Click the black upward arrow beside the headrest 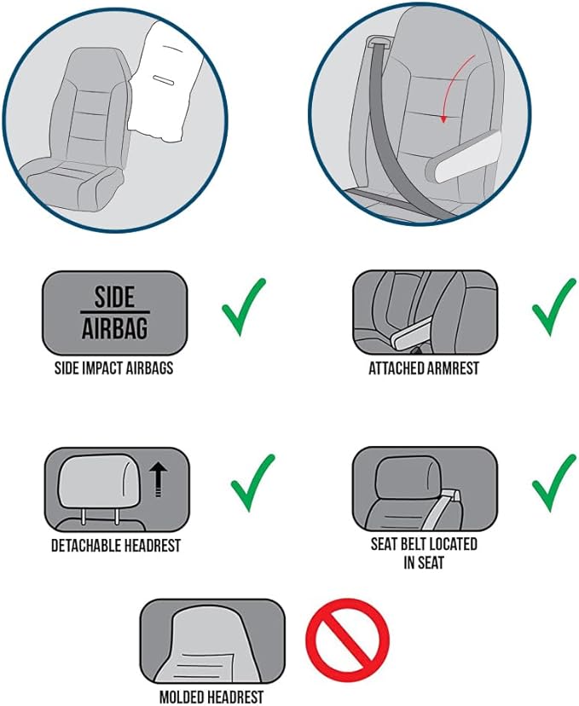(159, 480)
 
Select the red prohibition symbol (348, 639)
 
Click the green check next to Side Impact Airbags (244, 307)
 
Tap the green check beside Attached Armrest (553, 307)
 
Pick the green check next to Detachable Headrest (252, 483)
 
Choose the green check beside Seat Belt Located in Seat (553, 483)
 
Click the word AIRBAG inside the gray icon (115, 327)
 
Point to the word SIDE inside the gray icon (114, 297)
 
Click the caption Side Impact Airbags (114, 367)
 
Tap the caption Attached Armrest (424, 367)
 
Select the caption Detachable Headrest (116, 545)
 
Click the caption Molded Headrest (211, 697)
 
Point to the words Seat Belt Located (424, 544)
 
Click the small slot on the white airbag (164, 79)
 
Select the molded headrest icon (212, 641)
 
